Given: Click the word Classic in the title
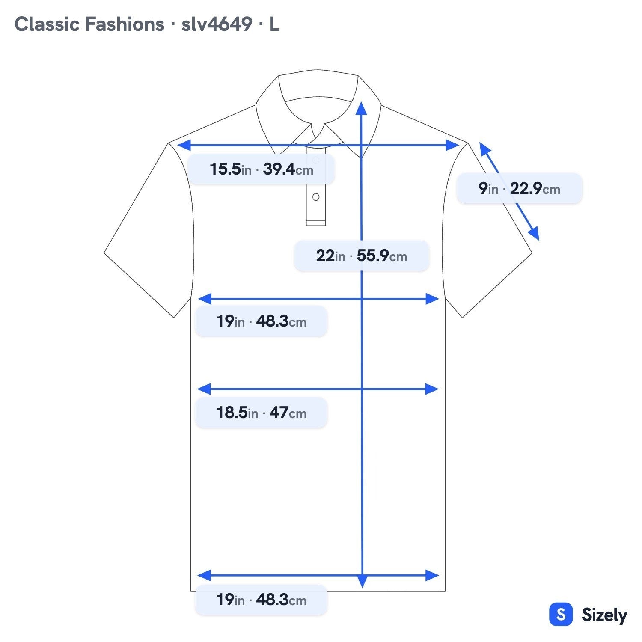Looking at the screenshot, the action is coord(46,24).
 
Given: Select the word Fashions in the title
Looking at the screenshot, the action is coord(125,24).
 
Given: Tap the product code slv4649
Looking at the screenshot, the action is coord(217,24).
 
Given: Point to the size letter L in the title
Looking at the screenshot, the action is coord(274,24).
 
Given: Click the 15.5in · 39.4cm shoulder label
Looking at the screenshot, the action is coord(262,169).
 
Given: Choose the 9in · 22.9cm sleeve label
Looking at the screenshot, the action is coord(519,188).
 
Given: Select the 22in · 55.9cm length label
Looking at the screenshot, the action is coord(362,256).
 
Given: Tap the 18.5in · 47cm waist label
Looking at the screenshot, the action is coord(261,413).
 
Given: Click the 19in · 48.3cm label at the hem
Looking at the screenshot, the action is coord(261,600).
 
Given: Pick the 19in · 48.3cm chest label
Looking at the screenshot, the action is coord(261,321).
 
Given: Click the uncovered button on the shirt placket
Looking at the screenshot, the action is coord(316,197).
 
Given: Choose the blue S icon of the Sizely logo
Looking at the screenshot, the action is coord(561,614).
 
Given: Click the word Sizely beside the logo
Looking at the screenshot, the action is coord(604,615).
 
